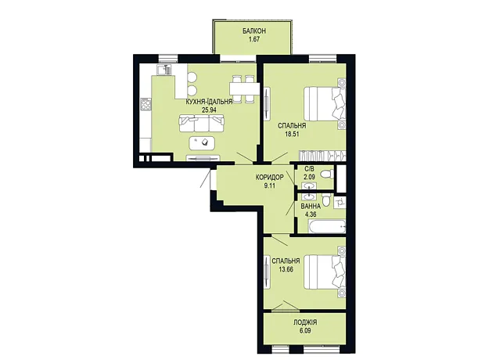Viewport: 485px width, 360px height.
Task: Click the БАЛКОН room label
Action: click(x=254, y=31)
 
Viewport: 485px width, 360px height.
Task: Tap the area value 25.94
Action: click(x=209, y=110)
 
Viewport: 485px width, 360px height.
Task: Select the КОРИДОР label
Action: click(x=269, y=178)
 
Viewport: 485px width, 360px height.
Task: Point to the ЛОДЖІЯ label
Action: click(x=305, y=322)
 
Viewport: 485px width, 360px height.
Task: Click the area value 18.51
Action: click(x=292, y=135)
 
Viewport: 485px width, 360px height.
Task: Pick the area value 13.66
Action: click(x=286, y=269)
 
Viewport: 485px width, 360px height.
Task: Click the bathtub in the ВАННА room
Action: click(x=327, y=226)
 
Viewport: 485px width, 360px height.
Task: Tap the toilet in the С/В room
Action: click(x=327, y=175)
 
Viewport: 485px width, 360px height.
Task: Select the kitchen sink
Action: click(x=163, y=70)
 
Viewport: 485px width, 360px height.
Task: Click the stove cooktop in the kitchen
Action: click(x=145, y=104)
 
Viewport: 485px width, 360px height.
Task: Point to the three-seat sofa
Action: click(x=201, y=123)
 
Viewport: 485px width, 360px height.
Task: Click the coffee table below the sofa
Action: click(x=203, y=142)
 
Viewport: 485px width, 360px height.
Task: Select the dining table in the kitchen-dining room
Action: click(x=244, y=89)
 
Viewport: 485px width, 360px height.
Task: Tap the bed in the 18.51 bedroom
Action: click(x=325, y=103)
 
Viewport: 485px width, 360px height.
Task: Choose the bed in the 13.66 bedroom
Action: click(x=325, y=272)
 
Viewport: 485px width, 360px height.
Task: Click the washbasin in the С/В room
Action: click(x=309, y=186)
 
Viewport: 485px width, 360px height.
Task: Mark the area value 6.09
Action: click(x=305, y=330)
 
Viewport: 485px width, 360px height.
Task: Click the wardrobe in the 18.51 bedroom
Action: click(x=322, y=155)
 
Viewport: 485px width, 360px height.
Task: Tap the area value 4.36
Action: click(x=311, y=214)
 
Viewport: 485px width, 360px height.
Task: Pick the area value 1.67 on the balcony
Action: click(x=254, y=39)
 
